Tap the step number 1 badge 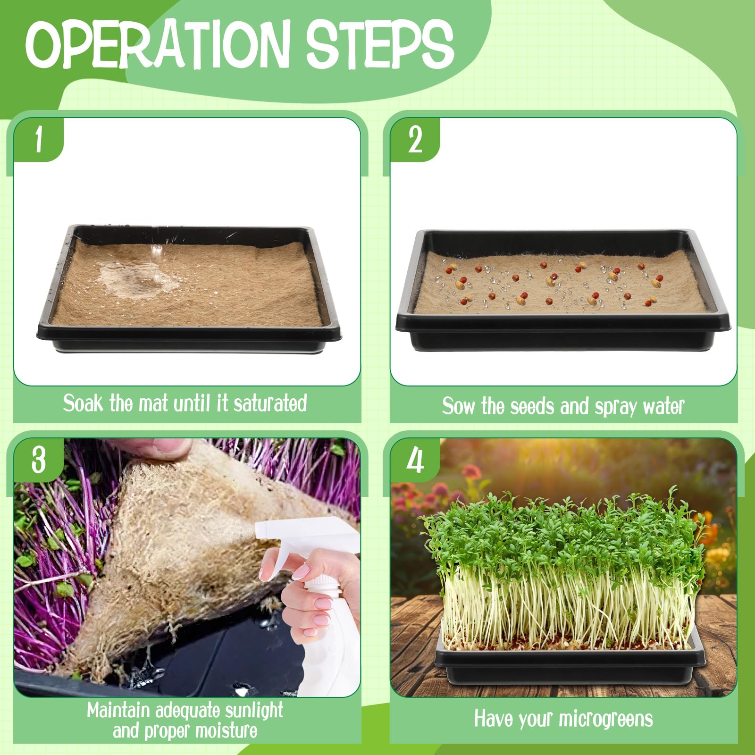(x=39, y=140)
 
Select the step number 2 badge (x=415, y=140)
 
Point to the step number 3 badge (x=39, y=460)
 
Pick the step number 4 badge (x=415, y=460)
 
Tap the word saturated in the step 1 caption (x=270, y=403)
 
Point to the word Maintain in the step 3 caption (x=118, y=711)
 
